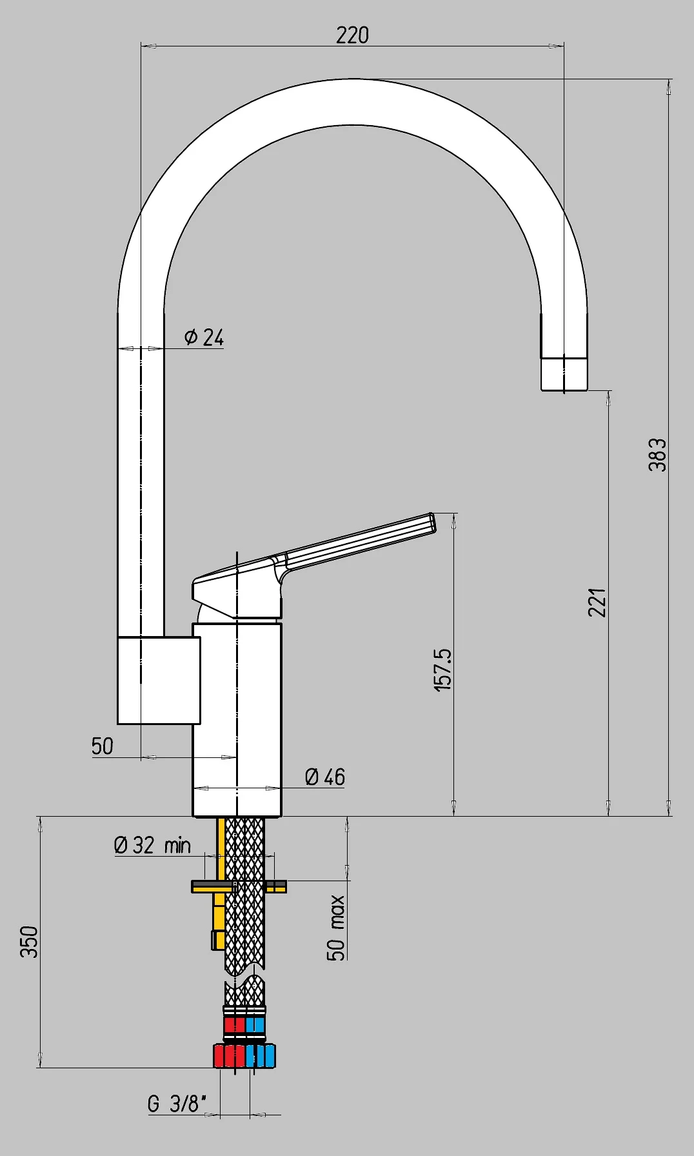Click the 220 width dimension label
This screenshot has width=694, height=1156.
(x=352, y=35)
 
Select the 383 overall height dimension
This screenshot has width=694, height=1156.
(x=657, y=454)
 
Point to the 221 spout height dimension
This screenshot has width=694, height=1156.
(x=597, y=602)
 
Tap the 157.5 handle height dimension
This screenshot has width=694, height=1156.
(x=443, y=670)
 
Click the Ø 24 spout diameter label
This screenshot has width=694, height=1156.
(x=204, y=337)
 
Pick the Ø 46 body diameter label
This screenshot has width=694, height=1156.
(x=325, y=777)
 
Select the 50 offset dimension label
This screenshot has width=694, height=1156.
(x=102, y=746)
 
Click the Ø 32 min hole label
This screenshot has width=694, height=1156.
(x=152, y=845)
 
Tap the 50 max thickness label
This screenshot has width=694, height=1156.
(x=336, y=928)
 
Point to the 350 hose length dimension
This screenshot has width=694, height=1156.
(x=30, y=941)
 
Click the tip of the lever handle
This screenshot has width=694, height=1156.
(x=431, y=523)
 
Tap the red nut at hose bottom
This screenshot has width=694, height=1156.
(x=229, y=1056)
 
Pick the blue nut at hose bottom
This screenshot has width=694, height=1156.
(x=261, y=1056)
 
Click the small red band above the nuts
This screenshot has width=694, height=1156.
(x=234, y=1025)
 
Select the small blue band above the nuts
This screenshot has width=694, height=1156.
(x=255, y=1025)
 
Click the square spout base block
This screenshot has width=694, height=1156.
(x=159, y=680)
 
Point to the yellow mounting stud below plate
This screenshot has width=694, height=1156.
(x=219, y=919)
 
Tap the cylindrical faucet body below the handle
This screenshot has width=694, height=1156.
(x=237, y=716)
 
